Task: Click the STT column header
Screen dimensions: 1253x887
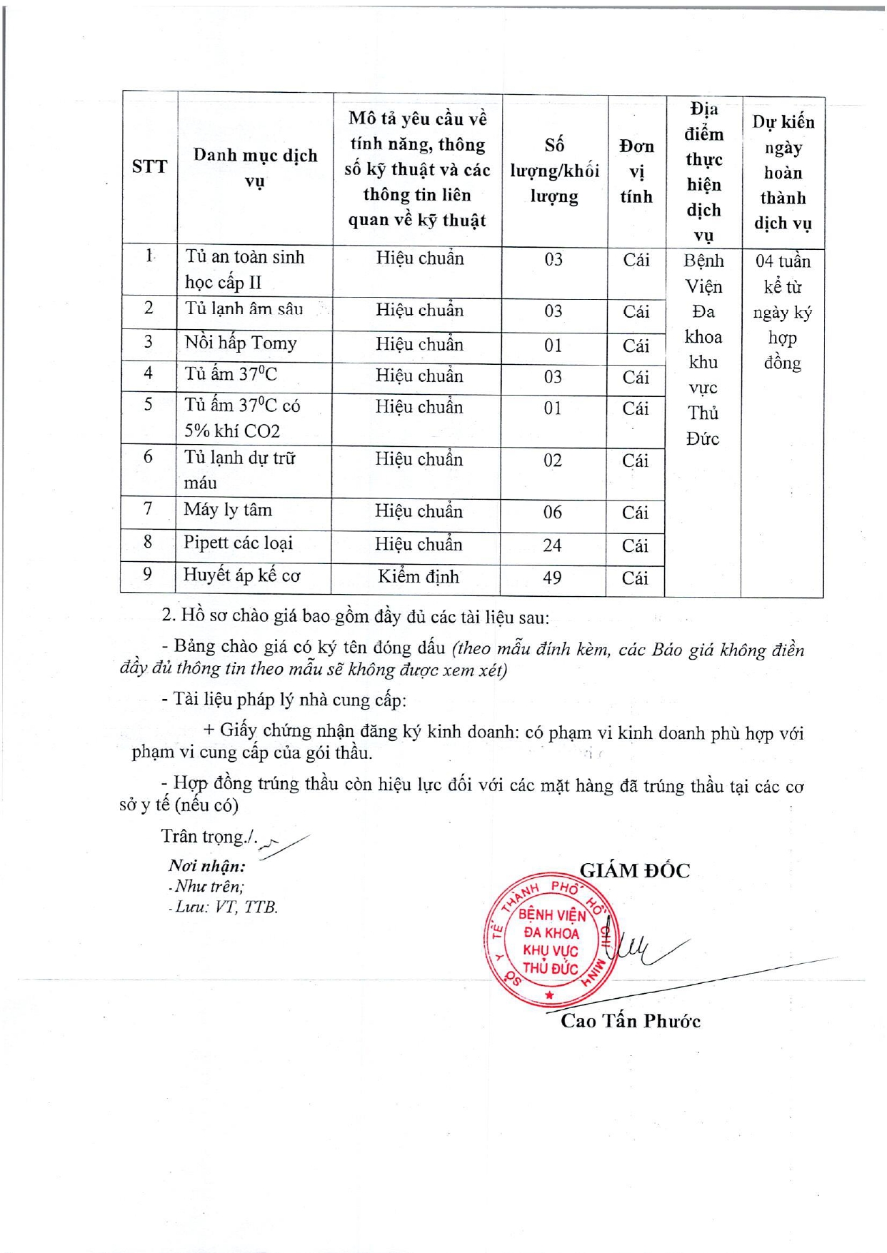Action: pyautogui.click(x=149, y=167)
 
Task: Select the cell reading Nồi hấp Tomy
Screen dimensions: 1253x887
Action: pyautogui.click(x=241, y=343)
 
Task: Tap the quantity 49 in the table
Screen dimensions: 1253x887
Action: pyautogui.click(x=552, y=578)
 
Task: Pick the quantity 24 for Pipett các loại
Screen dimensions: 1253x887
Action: pyautogui.click(x=552, y=545)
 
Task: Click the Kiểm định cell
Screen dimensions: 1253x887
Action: pyautogui.click(x=419, y=577)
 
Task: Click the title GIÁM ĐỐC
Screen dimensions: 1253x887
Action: pyautogui.click(x=634, y=871)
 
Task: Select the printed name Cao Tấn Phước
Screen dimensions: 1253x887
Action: pyautogui.click(x=630, y=1021)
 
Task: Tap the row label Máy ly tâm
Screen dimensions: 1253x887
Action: pyautogui.click(x=228, y=510)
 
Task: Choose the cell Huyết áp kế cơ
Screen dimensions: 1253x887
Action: pyautogui.click(x=241, y=575)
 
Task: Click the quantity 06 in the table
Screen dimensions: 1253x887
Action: pyautogui.click(x=552, y=513)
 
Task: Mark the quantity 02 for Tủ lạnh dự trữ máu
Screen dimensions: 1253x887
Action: pyautogui.click(x=552, y=461)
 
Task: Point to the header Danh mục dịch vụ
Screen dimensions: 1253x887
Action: pyautogui.click(x=255, y=168)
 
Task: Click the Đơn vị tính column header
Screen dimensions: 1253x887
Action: pyautogui.click(x=636, y=171)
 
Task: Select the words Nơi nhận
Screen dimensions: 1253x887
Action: pyautogui.click(x=207, y=866)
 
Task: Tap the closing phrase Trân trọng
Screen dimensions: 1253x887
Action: pyautogui.click(x=209, y=837)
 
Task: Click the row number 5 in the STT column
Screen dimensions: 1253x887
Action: pyautogui.click(x=148, y=405)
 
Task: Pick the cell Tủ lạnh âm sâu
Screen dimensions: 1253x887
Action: pyautogui.click(x=244, y=309)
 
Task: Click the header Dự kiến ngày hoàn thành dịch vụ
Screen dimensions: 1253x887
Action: pyautogui.click(x=783, y=173)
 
